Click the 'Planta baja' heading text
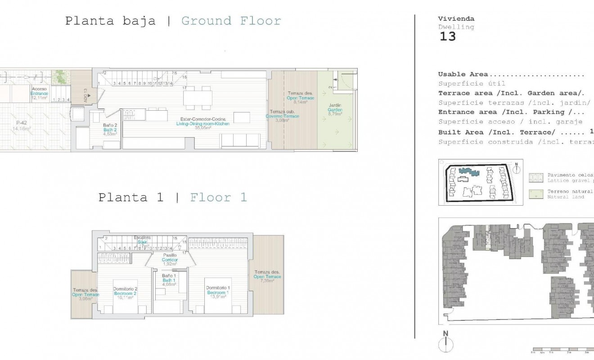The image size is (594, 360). [110, 21]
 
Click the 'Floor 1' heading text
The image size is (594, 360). [218, 198]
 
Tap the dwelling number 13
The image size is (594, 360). [447, 36]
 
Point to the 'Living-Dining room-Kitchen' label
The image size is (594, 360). [202, 123]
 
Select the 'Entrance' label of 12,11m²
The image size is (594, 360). [39, 93]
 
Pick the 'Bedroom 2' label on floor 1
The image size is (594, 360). [125, 293]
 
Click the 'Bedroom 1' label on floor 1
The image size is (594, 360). [218, 292]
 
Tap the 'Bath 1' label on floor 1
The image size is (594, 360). [169, 280]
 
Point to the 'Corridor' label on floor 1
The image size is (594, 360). [170, 260]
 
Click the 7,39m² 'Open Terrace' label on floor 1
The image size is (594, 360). [267, 277]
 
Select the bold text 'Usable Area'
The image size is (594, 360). [463, 75]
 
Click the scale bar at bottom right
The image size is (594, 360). [562, 349]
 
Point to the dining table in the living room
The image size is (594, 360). [198, 97]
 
